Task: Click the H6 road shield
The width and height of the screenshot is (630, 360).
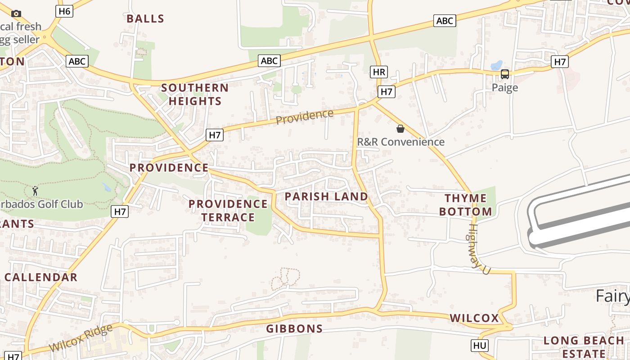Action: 65,11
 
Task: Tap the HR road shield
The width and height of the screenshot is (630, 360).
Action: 379,72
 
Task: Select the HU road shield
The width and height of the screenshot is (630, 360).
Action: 480,346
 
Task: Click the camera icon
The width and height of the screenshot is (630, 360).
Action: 16,13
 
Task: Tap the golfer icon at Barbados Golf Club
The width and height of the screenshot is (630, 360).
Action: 35,191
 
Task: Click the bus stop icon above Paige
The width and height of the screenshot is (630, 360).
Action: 505,74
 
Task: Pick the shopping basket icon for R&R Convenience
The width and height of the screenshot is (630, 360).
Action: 400,129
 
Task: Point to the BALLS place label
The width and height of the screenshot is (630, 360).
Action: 145,19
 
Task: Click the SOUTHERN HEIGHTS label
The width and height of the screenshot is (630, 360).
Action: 195,94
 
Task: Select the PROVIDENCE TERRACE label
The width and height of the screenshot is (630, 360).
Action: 228,211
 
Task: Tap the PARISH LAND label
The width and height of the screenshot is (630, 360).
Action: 326,197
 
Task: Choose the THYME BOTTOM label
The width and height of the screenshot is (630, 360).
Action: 466,205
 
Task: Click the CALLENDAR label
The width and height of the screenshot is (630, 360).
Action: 41,277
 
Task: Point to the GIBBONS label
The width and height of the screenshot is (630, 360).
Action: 294,329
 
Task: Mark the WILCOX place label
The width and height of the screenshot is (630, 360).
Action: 474,318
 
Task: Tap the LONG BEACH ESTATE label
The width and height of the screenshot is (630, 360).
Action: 584,347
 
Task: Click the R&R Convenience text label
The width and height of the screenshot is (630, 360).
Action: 400,142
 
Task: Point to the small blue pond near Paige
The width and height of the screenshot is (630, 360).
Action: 497,65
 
